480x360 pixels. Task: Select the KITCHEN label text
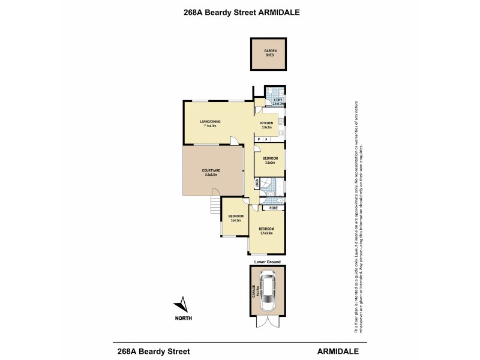tap(266, 124)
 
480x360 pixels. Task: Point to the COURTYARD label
tap(210, 172)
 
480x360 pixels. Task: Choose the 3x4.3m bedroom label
tap(235, 217)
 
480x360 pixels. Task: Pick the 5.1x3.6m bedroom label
tap(266, 230)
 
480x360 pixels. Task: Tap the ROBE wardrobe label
tap(273, 208)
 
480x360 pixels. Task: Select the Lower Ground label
tap(266, 262)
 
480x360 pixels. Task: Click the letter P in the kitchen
tap(259, 139)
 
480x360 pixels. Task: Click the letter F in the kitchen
tap(266, 139)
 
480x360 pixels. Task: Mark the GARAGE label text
tap(254, 292)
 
